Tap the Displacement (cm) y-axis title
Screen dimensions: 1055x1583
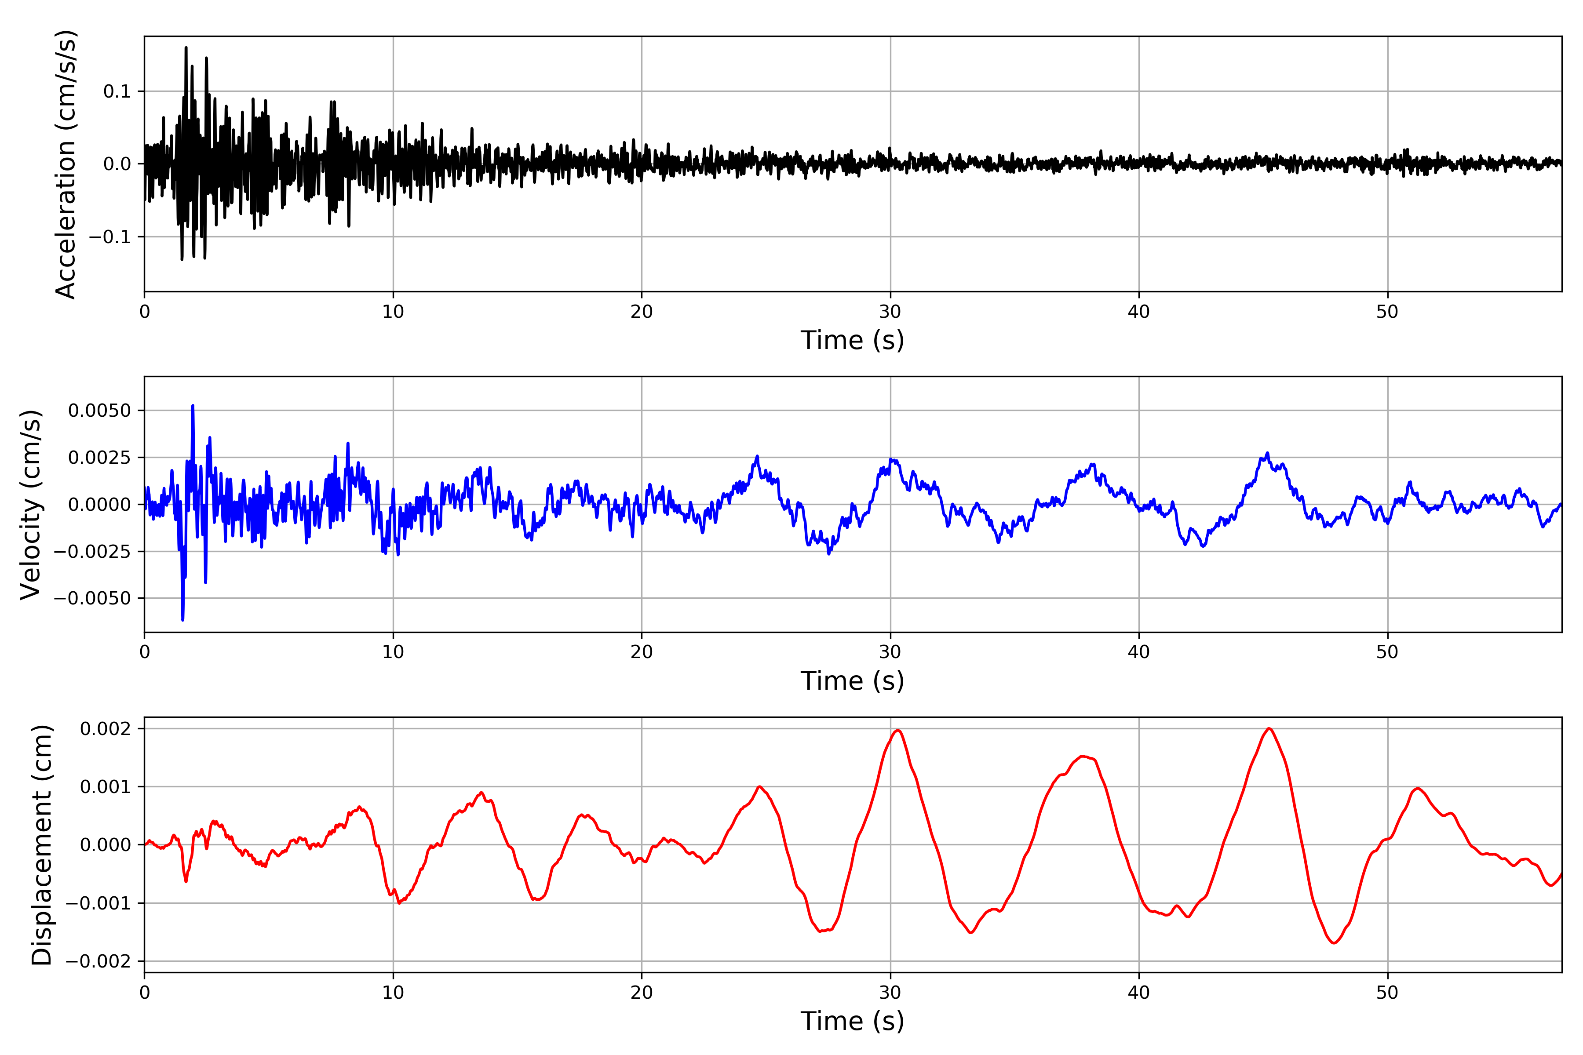[42, 844]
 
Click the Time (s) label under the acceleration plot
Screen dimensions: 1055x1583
[852, 340]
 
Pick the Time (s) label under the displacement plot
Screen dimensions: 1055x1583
[852, 1021]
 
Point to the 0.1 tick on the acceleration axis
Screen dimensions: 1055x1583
[117, 91]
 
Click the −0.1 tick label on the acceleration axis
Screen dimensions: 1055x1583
[109, 237]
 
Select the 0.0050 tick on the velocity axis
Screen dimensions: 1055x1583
[100, 411]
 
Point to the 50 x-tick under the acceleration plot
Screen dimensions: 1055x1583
[1387, 312]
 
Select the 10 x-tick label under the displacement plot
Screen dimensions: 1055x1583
[393, 993]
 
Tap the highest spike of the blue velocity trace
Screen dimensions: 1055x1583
[193, 406]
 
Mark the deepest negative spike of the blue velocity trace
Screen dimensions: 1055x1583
[182, 620]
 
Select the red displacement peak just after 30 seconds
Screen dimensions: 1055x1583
[898, 731]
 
